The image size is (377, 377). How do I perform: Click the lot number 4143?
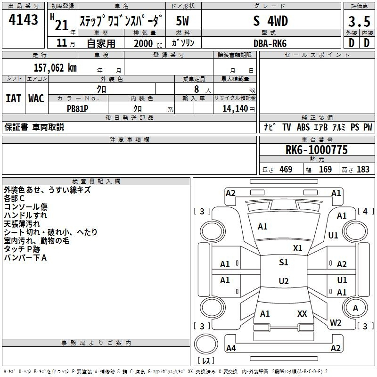[x=23, y=19]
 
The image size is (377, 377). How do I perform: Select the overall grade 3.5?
[x=359, y=21]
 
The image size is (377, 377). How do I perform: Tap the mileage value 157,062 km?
[x=55, y=68]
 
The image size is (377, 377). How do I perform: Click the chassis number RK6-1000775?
[x=317, y=149]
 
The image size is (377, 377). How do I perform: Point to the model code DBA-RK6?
[x=270, y=43]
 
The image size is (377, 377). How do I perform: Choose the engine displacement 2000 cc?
[x=148, y=43]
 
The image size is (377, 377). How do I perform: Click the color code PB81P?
[x=77, y=109]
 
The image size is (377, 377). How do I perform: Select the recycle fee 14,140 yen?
[x=238, y=109]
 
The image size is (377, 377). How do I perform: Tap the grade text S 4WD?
[x=270, y=21]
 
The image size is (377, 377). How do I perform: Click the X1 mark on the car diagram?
[x=298, y=248]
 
